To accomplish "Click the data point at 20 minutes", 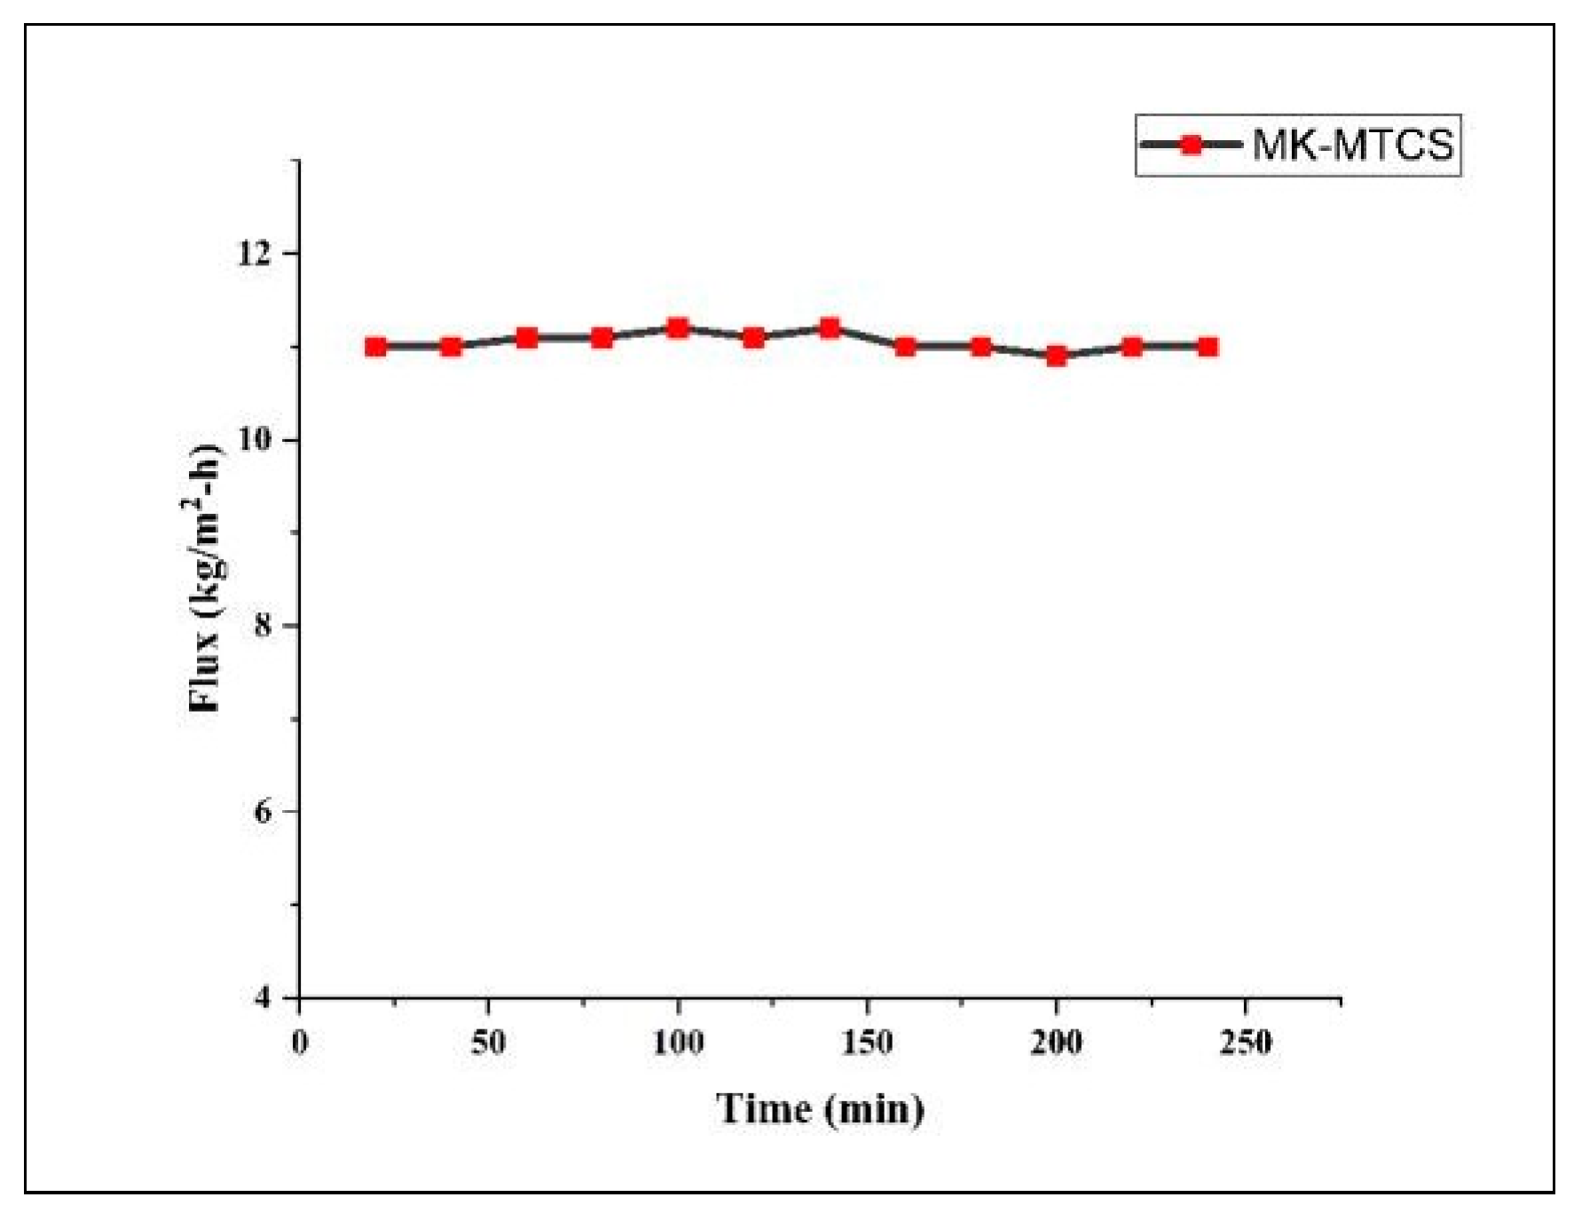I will pos(375,346).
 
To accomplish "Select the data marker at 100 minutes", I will pos(678,328).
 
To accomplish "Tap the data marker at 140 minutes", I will pos(830,328).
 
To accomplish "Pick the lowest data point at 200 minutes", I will pos(1056,356).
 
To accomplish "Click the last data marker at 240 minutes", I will pos(1208,346).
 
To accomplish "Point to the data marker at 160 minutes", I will pos(905,346).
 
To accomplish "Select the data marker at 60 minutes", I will pos(527,337).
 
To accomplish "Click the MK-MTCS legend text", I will pos(1353,145).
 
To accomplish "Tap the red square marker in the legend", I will pos(1192,145).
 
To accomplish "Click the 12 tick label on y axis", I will pos(254,254).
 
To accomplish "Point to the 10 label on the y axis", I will pos(254,440).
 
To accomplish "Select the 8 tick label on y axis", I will pos(263,626).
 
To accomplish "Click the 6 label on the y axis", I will pos(263,812).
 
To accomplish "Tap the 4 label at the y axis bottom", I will pos(263,997).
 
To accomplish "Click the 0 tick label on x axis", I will pos(300,1042).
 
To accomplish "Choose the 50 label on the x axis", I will pos(488,1042).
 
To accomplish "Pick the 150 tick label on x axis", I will pos(867,1042).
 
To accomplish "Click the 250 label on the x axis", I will pos(1246,1042).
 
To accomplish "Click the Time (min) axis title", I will pos(820,1109).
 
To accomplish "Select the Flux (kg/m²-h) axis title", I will pos(205,577).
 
